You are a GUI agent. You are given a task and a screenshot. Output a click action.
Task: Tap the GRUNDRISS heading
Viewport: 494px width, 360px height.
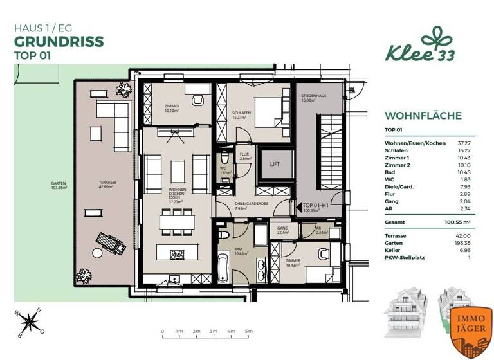tap(59, 42)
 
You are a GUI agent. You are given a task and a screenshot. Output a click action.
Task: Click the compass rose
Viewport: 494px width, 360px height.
tap(30, 321)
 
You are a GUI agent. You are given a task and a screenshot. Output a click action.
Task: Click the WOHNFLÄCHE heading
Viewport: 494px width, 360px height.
tap(423, 116)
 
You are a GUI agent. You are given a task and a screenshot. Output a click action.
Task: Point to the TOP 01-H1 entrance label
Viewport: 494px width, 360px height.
tap(318, 206)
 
